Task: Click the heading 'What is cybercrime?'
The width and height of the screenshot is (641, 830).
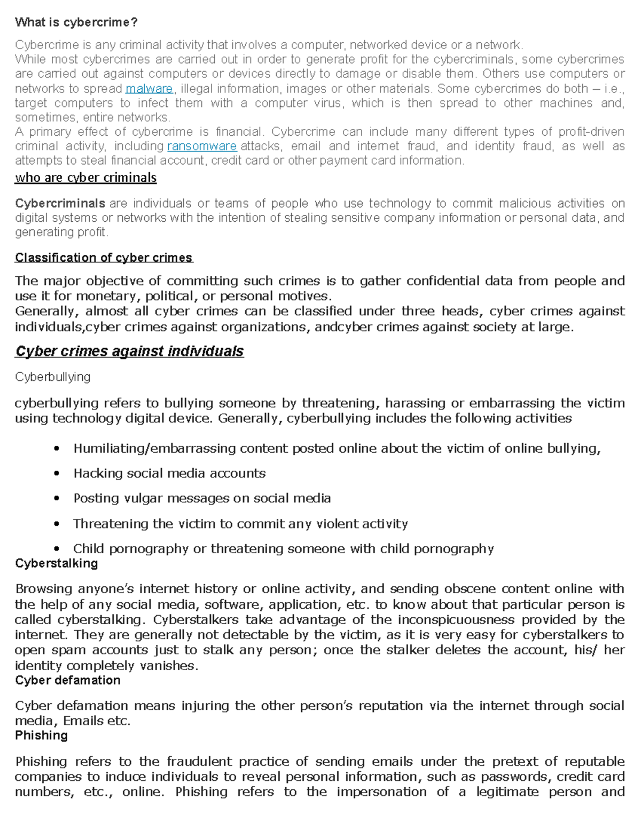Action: [76, 22]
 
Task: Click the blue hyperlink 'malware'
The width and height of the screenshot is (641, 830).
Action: [149, 89]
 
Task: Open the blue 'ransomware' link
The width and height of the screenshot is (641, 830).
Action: [202, 146]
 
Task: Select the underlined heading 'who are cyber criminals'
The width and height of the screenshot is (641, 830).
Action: [85, 178]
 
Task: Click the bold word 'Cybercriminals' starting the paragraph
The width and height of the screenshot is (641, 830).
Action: [60, 204]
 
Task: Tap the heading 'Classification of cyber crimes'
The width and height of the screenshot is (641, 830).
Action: [104, 258]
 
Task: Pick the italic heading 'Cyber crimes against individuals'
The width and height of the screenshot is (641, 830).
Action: [129, 351]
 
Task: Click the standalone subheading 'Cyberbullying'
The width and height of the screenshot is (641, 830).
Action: [52, 377]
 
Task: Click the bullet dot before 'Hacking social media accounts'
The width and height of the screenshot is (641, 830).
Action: [57, 474]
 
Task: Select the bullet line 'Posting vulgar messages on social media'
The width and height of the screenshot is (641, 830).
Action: [202, 498]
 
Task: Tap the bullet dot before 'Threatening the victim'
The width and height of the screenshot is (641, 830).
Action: [57, 524]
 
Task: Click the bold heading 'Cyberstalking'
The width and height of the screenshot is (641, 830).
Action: [56, 563]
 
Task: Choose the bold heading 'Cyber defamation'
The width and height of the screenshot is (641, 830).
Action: [67, 680]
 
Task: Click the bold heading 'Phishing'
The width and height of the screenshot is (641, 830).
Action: [41, 735]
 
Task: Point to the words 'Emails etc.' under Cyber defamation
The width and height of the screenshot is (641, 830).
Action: [96, 721]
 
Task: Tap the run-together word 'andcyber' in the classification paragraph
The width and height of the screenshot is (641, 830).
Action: [337, 327]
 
